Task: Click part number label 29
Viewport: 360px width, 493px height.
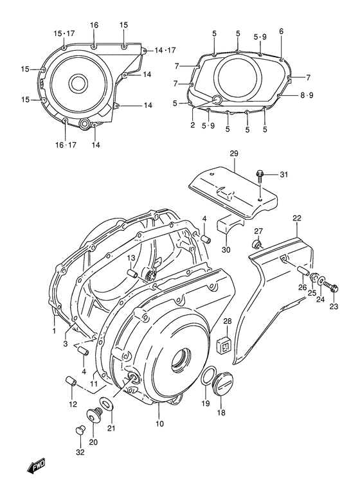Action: coord(233,154)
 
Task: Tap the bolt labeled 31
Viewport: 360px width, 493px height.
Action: coord(261,175)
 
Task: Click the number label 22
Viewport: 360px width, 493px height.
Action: coord(296,219)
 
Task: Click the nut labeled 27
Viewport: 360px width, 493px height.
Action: coord(256,244)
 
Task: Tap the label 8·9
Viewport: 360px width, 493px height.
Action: coord(307,96)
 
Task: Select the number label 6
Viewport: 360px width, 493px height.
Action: coord(281,31)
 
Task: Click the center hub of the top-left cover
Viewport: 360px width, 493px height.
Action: coord(78,82)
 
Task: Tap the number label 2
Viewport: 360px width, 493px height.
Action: coord(192,125)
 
